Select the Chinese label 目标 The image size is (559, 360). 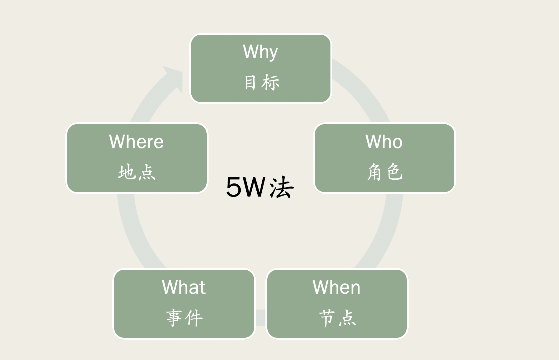tap(261, 82)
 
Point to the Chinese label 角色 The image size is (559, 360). tap(385, 172)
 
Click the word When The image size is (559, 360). tap(336, 287)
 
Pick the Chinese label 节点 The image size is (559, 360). tap(337, 318)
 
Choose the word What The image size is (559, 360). tap(184, 287)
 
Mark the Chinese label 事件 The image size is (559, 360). tap(184, 318)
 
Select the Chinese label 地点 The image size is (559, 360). tap(137, 172)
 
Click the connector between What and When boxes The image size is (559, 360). tap(261, 318)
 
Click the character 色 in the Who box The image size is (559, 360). tap(395, 172)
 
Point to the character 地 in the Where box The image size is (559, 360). tap(127, 172)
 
